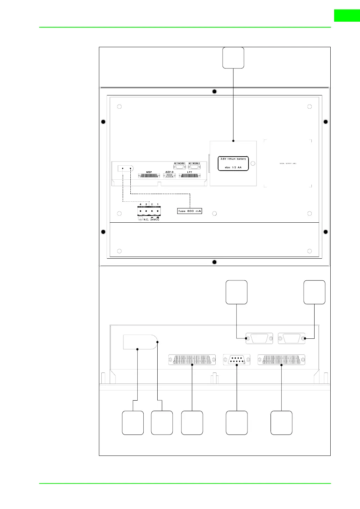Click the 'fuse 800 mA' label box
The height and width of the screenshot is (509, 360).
coord(190,211)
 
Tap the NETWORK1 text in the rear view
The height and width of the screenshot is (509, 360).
coord(180,163)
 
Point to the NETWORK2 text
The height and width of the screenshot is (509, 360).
coord(194,163)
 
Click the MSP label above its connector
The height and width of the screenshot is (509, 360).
coord(149,172)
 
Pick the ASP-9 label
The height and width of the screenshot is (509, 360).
coord(169,172)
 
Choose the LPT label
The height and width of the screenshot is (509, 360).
coord(189,172)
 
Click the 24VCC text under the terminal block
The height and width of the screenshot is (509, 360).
coord(155,220)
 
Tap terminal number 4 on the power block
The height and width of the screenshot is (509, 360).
coord(141,204)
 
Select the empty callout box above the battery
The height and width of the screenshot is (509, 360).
coord(233,58)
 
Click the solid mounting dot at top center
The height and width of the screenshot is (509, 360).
coord(215,92)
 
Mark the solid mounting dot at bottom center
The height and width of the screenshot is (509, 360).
coord(215,262)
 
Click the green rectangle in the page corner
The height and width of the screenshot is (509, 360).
coord(347,16)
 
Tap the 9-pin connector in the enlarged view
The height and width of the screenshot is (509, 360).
coord(237,360)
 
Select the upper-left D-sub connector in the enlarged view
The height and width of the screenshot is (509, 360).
coord(259,338)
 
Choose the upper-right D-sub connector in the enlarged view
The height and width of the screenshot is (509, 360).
coord(291,338)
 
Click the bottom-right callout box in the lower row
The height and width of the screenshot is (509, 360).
coord(281,423)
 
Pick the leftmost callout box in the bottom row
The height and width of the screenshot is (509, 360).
coord(133,423)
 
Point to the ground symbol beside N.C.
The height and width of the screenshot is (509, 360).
coord(140,219)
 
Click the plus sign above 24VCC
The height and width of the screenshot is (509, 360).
coord(158,217)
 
